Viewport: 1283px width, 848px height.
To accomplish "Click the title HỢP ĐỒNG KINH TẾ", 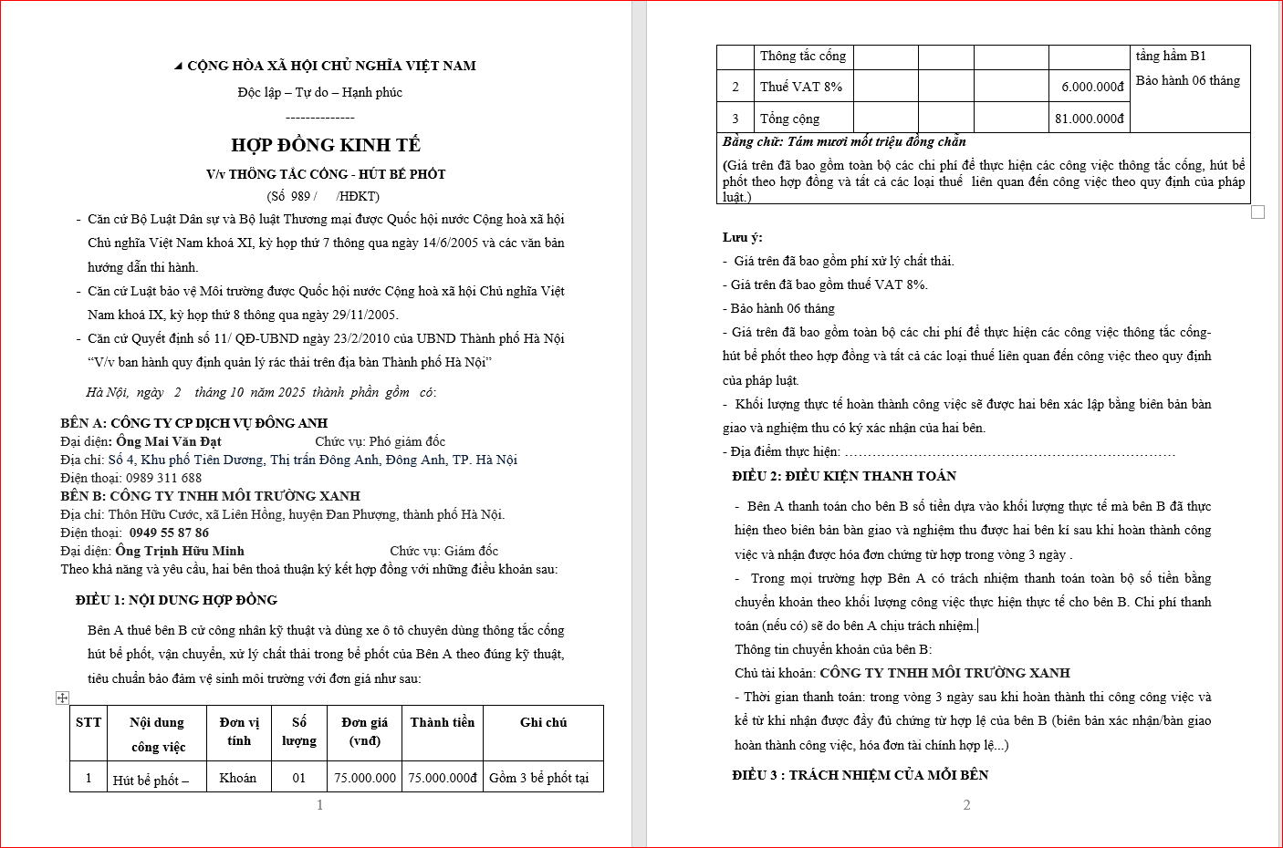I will coord(326,145).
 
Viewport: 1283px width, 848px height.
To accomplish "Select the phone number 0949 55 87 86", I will coord(169,533).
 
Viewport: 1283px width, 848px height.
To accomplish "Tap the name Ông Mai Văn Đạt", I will coord(169,441).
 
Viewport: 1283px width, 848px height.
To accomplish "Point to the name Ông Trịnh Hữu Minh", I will coord(180,551).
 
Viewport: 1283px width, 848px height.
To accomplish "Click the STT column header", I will coord(89,722).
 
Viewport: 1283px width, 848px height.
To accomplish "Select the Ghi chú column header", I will coord(543,722).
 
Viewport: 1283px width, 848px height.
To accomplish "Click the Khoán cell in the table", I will coord(238,778).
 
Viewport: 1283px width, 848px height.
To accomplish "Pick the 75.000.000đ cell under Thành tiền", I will coord(443,778).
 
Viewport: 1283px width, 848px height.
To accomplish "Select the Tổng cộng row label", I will coord(790,119).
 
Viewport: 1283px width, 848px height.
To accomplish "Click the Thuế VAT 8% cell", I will coord(801,87).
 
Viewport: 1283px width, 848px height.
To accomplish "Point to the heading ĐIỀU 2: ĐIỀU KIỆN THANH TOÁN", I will coord(844,476).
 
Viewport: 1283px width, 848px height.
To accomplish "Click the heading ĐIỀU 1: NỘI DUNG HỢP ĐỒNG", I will coord(176,600).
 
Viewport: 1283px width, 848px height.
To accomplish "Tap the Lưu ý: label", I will coord(743,237).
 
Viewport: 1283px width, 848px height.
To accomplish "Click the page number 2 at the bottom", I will coord(967,805).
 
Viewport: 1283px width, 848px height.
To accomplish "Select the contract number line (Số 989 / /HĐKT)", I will coord(323,196).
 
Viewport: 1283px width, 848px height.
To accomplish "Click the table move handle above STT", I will coord(62,698).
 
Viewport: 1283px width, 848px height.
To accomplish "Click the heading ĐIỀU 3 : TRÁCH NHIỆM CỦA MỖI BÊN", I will coord(861,775).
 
